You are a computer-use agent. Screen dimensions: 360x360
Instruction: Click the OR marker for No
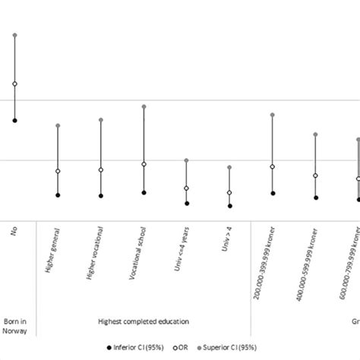click(14, 84)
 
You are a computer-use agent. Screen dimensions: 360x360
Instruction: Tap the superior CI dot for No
click(14, 35)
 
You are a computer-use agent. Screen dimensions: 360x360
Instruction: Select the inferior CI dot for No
click(14, 120)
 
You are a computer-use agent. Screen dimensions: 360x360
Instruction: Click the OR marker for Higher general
click(58, 171)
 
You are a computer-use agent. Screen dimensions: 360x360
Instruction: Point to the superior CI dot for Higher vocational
click(101, 119)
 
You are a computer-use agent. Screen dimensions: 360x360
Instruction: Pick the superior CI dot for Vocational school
click(144, 106)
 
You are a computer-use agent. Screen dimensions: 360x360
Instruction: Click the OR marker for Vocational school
click(144, 164)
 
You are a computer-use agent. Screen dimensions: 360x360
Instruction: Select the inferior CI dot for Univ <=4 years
click(187, 203)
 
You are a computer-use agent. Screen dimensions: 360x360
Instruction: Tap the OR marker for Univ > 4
click(229, 193)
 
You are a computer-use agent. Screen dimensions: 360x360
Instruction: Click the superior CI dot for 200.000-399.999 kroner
click(273, 115)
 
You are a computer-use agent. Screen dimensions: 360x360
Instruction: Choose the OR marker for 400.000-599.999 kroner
click(316, 175)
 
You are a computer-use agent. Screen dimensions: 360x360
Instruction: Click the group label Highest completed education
click(144, 321)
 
